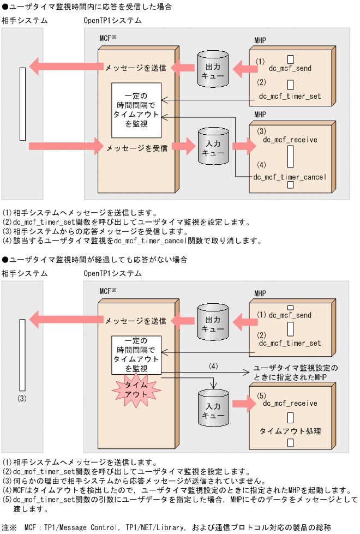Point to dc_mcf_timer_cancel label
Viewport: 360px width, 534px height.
tap(290, 177)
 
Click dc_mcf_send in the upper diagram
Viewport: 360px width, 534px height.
tap(290, 69)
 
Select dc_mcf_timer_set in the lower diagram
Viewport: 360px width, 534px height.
tap(290, 343)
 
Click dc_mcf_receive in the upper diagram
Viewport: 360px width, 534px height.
tap(290, 140)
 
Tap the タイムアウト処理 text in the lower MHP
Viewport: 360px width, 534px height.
tap(290, 431)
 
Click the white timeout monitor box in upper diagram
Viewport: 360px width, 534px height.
tap(136, 110)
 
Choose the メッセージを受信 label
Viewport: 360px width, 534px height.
tap(137, 148)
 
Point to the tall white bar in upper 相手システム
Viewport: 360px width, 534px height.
tap(22, 104)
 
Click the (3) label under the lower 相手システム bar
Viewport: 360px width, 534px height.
tap(22, 398)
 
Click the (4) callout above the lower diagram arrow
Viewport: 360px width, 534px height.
tap(213, 365)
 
